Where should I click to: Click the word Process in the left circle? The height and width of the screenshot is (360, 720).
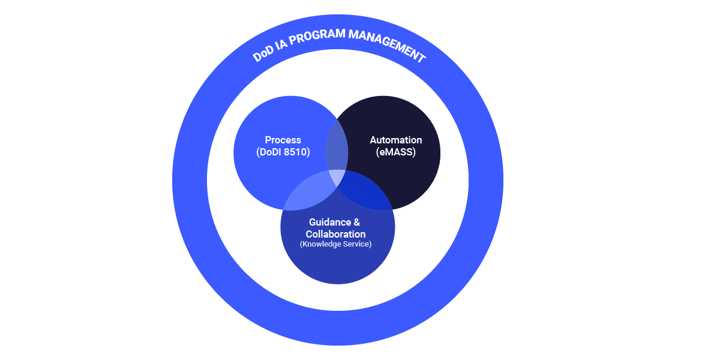(x=283, y=140)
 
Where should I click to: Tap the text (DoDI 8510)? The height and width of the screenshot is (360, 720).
(x=283, y=152)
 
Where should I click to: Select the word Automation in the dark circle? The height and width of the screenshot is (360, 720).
(x=395, y=140)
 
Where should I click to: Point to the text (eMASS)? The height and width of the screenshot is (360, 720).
(x=396, y=152)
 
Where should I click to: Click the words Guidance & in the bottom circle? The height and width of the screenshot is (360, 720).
(x=335, y=223)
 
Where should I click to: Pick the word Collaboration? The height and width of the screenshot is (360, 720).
(x=335, y=234)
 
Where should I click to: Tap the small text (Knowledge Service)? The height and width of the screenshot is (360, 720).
(x=335, y=244)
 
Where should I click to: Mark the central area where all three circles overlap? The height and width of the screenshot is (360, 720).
(x=337, y=178)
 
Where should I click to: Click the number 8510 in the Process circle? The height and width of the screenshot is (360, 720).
(x=296, y=152)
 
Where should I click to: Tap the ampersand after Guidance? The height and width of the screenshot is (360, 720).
(x=357, y=223)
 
